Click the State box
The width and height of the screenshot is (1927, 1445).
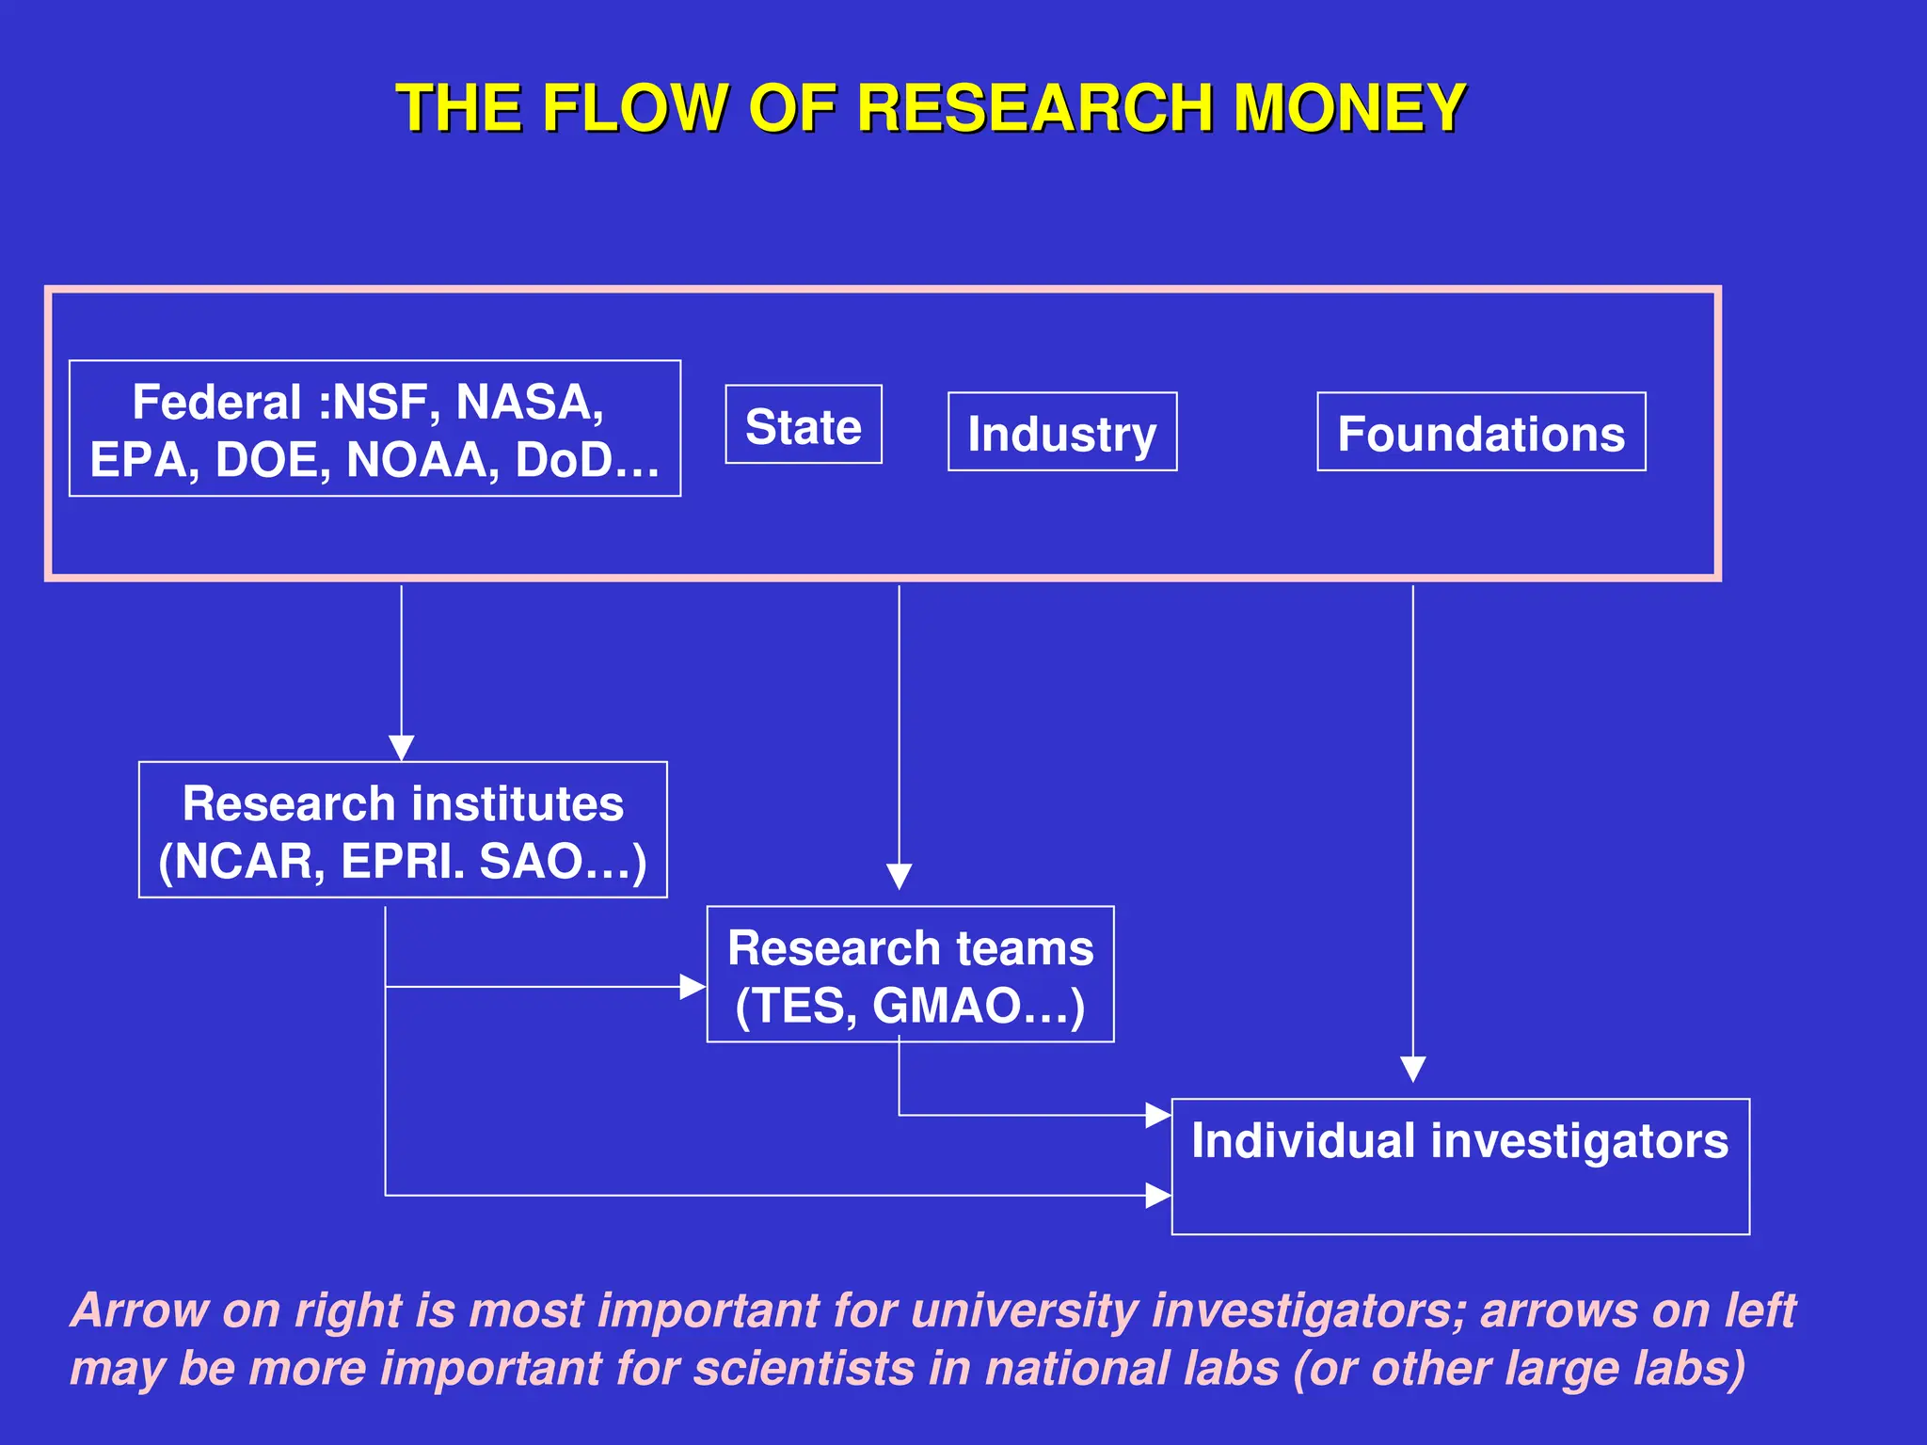click(804, 425)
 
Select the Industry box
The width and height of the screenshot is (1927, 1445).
click(1062, 433)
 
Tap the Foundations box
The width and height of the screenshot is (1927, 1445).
click(1481, 433)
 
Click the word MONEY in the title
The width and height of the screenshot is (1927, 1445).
click(1350, 108)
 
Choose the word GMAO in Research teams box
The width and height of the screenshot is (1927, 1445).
click(947, 1006)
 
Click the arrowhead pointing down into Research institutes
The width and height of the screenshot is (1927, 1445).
click(402, 748)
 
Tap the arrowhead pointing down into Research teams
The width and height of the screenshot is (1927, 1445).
click(900, 877)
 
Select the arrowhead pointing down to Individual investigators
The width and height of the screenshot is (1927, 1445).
click(1413, 1070)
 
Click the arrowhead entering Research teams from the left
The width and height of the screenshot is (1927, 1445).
click(693, 987)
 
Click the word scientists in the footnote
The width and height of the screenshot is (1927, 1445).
click(804, 1368)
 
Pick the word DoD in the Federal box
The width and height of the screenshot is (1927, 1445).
click(564, 460)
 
